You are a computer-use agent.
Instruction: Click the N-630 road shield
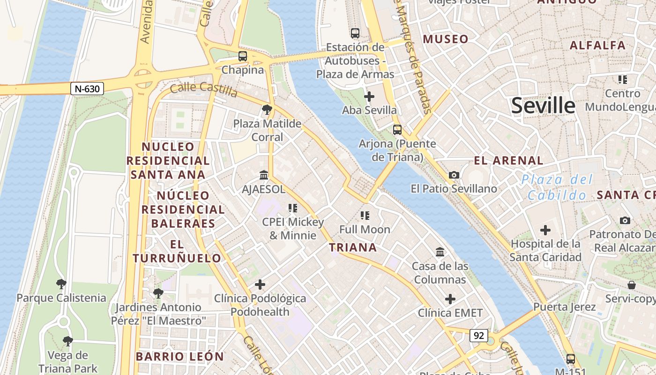click(87, 88)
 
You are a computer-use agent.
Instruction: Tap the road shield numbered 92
click(478, 336)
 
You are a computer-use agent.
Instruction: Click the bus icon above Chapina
click(242, 56)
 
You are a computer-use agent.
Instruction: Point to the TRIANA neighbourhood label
click(352, 247)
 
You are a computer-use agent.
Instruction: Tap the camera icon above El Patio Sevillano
click(454, 175)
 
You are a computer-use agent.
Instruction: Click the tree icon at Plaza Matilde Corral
click(267, 110)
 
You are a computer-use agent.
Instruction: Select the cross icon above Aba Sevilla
click(369, 97)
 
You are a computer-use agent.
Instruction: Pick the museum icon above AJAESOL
click(263, 175)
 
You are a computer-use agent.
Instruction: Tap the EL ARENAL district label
click(508, 161)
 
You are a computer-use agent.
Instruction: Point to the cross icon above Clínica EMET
click(450, 299)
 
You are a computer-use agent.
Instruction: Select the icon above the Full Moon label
click(365, 216)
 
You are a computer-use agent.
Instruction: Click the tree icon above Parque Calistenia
click(61, 284)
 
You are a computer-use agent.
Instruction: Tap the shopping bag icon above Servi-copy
click(631, 285)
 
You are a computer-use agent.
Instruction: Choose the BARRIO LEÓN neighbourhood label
click(180, 356)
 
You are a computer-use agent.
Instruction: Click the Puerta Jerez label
click(564, 307)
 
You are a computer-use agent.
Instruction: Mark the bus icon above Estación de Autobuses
click(355, 33)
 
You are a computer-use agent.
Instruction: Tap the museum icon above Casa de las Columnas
click(440, 252)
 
